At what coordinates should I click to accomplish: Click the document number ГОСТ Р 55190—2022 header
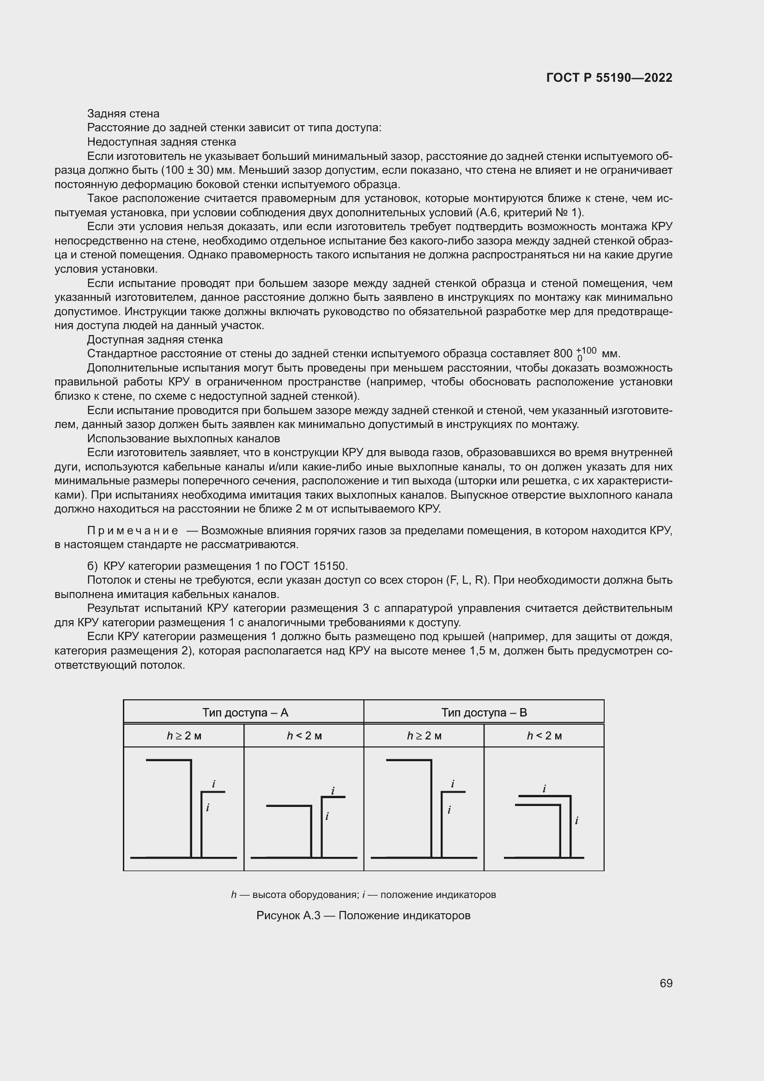coord(609,78)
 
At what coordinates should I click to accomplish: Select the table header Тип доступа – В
coord(484,712)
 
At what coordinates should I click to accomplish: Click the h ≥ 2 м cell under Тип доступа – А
coord(184,735)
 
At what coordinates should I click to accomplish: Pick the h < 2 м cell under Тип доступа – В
coord(544,735)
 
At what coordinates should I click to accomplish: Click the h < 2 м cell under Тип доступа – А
coord(304,735)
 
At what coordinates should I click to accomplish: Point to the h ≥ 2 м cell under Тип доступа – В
coord(424,735)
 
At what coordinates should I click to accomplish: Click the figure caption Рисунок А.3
coord(363,915)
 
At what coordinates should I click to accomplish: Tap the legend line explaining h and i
coord(363,894)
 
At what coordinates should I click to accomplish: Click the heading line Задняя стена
coord(123,114)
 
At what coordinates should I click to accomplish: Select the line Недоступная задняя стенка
coord(161,142)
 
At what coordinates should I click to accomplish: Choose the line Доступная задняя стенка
coord(155,340)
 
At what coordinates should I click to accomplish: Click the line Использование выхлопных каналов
coord(183,438)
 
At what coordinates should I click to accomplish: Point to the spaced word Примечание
coord(133,531)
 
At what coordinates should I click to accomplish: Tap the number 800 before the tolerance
coord(563,354)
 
